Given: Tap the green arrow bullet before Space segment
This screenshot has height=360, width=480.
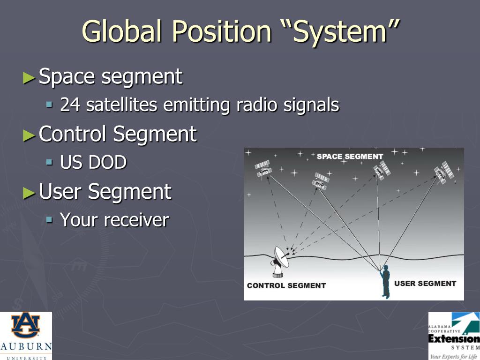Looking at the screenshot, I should (x=29, y=77).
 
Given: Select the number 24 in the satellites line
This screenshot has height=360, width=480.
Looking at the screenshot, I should (x=70, y=105).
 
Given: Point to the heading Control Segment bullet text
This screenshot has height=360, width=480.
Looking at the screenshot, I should (x=118, y=134).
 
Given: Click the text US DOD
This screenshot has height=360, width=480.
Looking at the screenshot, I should (x=93, y=163).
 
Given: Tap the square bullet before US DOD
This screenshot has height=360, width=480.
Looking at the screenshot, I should (x=50, y=162).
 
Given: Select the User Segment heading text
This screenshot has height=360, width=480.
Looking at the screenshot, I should (x=105, y=192).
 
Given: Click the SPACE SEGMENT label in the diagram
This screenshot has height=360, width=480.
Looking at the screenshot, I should (x=350, y=156).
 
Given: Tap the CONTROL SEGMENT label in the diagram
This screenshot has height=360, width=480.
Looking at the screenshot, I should (x=286, y=285).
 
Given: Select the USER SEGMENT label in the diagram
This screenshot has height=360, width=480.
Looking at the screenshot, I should (x=425, y=283).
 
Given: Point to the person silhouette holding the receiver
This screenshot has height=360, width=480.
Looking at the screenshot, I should (x=385, y=281).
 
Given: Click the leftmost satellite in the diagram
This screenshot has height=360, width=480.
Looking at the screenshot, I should (x=263, y=169).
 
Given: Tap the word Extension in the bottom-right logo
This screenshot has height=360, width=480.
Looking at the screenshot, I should (x=454, y=338).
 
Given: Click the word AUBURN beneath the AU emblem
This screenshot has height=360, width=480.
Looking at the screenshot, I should (x=26, y=347).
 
